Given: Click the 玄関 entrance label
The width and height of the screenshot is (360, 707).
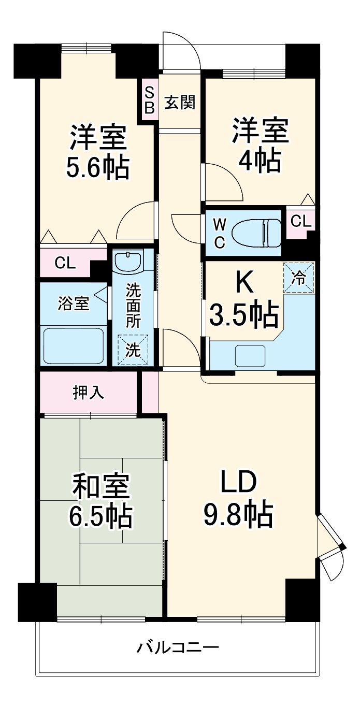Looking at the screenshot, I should pos(180,103).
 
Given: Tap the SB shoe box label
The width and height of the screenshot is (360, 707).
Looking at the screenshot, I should pos(149,100).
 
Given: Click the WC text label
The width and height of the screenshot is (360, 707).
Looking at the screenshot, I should pos(220,234).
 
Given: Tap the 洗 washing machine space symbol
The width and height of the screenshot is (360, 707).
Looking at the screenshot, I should pos(133,350).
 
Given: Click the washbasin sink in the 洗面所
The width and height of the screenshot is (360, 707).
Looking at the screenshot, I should pos(128,262).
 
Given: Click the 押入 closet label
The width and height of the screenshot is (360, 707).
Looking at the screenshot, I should pos(88,393).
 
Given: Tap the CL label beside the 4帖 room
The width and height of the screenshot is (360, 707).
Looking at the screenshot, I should pos(301,222).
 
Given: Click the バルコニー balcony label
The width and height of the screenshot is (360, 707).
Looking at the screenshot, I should pos(178,647).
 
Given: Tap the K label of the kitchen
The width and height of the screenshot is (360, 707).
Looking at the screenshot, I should pos(244,282).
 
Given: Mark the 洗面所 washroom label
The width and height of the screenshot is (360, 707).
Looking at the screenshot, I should pos(133,306).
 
